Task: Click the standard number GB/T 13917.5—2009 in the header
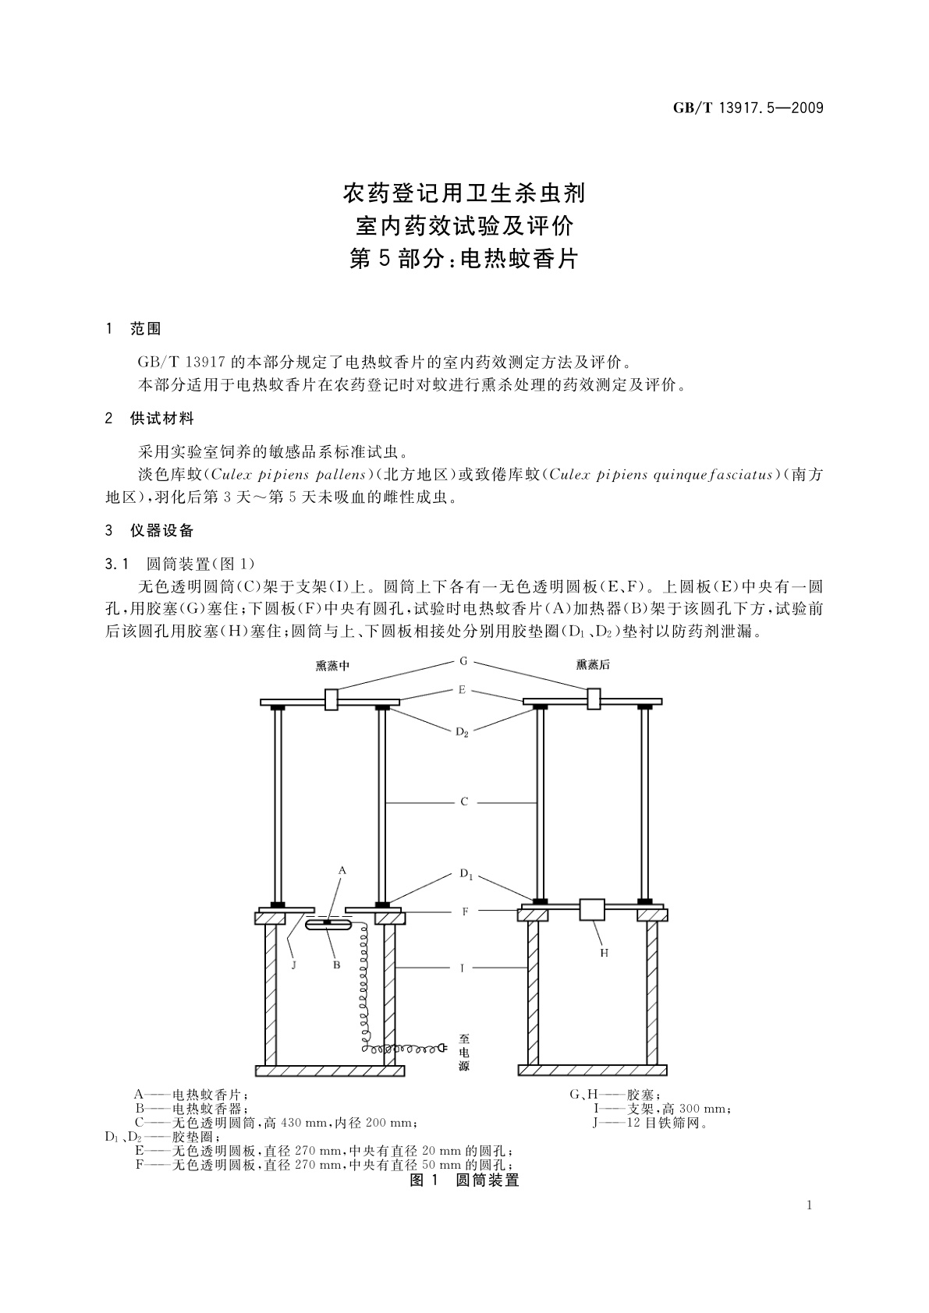click(x=747, y=108)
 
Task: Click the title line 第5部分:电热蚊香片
click(x=464, y=259)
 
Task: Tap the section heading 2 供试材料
click(x=149, y=419)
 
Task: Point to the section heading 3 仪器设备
click(x=149, y=531)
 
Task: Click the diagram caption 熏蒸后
click(x=593, y=665)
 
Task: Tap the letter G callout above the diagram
click(x=463, y=661)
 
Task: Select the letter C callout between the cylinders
click(x=463, y=802)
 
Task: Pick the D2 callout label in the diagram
click(x=463, y=733)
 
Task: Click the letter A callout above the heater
click(x=342, y=870)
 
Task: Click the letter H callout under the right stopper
click(x=604, y=953)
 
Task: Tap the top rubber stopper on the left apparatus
click(x=331, y=699)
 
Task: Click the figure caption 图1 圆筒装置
click(x=464, y=1180)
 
